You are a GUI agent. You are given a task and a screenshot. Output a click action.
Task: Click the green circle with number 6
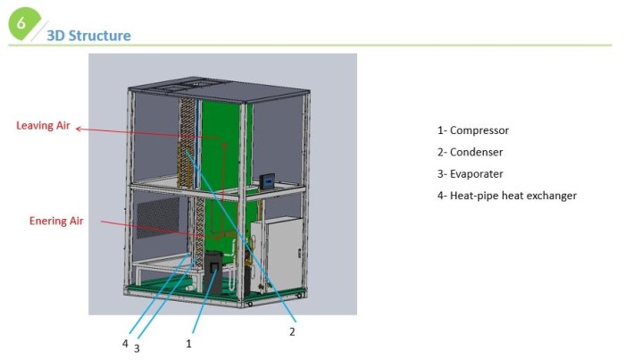pyautogui.click(x=24, y=24)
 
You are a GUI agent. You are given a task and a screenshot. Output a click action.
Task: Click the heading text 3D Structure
pyautogui.click(x=88, y=36)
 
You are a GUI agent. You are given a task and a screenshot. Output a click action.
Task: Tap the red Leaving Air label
pyautogui.click(x=43, y=126)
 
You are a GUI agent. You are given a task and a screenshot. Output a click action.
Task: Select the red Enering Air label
pyautogui.click(x=56, y=221)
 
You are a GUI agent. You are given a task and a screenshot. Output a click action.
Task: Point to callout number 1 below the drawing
pyautogui.click(x=188, y=344)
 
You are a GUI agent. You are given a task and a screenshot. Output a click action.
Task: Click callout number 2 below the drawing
pyautogui.click(x=292, y=331)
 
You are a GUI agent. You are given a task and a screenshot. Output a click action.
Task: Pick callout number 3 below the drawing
pyautogui.click(x=137, y=349)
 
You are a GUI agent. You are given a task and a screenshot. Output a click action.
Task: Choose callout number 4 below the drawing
pyautogui.click(x=125, y=344)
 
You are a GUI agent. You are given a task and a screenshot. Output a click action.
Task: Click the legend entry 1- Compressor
pyautogui.click(x=472, y=130)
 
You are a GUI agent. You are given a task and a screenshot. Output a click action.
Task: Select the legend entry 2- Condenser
pyautogui.click(x=470, y=152)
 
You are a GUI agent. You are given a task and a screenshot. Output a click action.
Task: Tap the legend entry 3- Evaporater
pyautogui.click(x=470, y=174)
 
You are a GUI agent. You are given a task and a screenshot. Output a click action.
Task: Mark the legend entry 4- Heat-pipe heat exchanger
pyautogui.click(x=506, y=196)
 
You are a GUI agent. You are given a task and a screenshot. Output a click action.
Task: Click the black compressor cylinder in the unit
pyautogui.click(x=213, y=272)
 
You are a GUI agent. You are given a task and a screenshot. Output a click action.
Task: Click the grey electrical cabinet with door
pyautogui.click(x=278, y=255)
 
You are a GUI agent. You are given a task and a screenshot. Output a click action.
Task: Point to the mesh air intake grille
pyautogui.click(x=158, y=217)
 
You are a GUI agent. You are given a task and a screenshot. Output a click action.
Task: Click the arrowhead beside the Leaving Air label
pyautogui.click(x=79, y=129)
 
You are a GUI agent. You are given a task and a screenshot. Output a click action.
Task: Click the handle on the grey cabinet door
pyautogui.click(x=299, y=253)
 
